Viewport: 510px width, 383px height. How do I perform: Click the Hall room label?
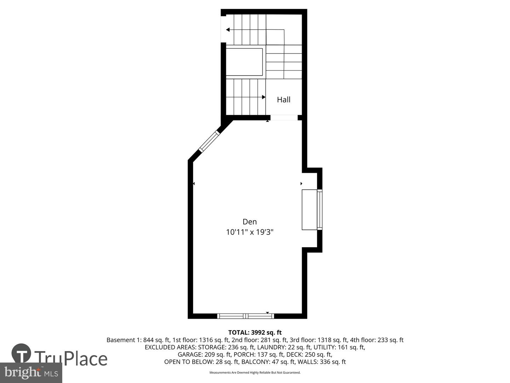(x=283, y=100)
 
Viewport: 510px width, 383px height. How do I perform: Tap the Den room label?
(x=250, y=222)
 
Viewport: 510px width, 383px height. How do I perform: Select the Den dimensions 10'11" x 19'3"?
(x=250, y=232)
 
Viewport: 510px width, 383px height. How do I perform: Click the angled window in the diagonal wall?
(x=209, y=142)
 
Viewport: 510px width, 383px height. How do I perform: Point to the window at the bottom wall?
(x=246, y=316)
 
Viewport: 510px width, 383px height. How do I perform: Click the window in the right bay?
(x=319, y=210)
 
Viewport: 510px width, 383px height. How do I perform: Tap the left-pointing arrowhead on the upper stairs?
(x=228, y=30)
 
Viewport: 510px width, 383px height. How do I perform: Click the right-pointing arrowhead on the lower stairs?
(x=263, y=97)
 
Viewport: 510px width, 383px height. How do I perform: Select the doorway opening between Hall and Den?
(x=284, y=118)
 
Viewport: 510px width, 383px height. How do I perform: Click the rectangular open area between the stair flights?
(x=244, y=62)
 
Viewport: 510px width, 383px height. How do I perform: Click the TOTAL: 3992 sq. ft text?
(x=255, y=332)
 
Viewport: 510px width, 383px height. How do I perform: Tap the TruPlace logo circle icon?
(x=21, y=353)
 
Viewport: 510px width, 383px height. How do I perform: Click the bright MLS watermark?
(x=31, y=372)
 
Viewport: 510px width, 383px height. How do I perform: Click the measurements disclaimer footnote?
(x=255, y=372)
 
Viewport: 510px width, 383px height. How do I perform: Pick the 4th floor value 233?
(x=382, y=340)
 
